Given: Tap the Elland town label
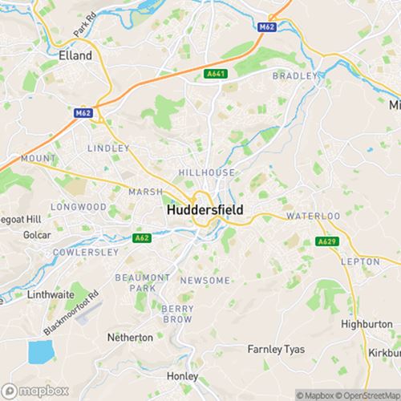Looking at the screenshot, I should pos(76,56).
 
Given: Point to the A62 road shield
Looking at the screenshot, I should pos(141,237).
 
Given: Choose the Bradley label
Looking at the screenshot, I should pos(291,75).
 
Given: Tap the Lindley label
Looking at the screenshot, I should pos(108,148).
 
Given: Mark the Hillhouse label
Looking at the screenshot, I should pos(207,172).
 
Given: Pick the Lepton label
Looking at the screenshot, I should pos(360,261).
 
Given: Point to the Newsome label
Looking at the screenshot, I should pos(205,280).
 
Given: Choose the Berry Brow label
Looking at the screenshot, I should pos(177,314).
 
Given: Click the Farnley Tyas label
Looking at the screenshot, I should pos(276,349).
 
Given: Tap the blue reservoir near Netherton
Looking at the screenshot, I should pos(38,351).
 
